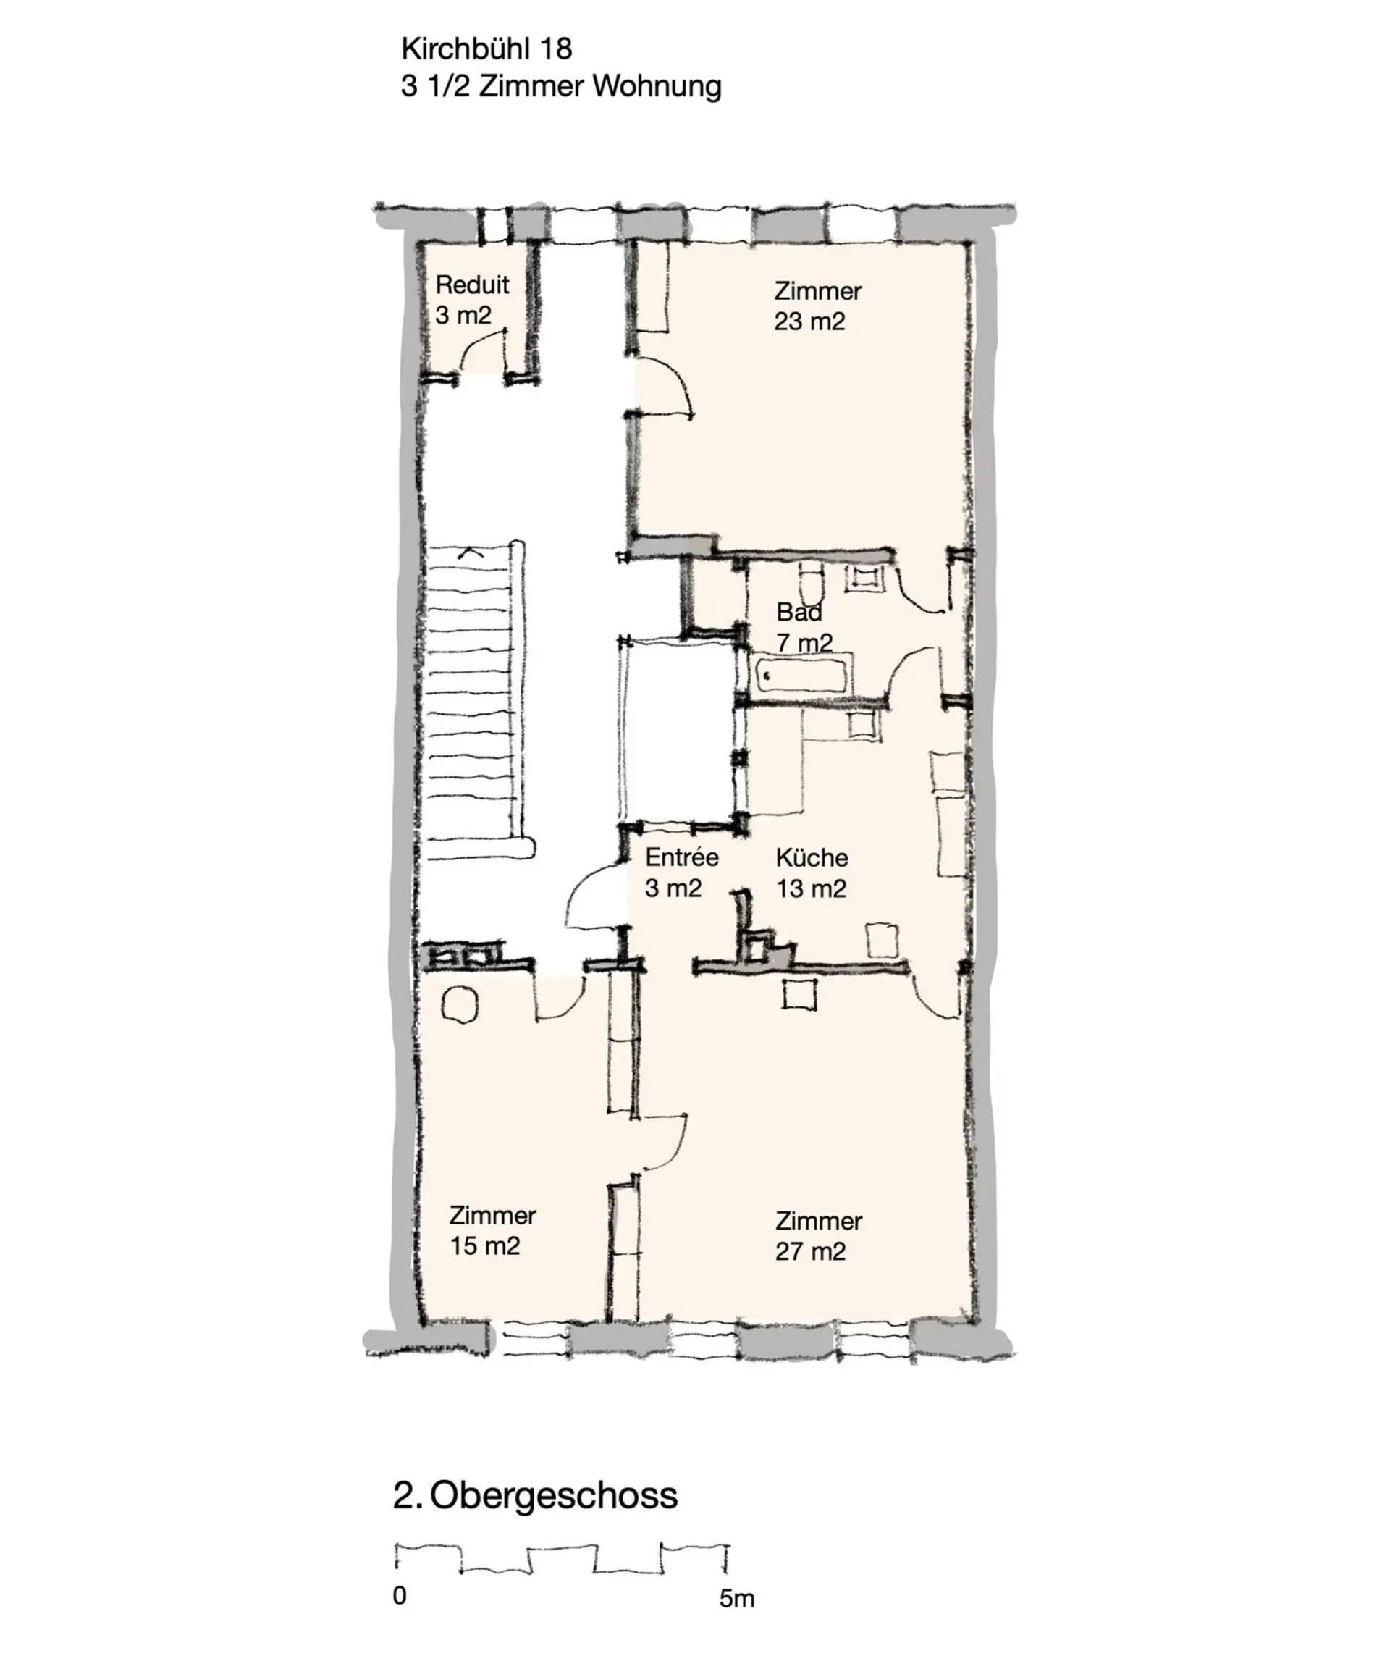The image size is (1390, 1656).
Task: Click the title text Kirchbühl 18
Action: pos(486,49)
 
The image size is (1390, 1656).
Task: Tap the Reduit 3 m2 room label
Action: pos(472,300)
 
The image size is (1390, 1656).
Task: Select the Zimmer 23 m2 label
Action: pos(817,306)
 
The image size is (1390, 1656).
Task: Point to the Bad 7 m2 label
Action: pos(804,627)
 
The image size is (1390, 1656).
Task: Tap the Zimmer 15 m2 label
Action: pos(493,1230)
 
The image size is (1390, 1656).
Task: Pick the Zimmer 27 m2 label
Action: pos(818,1236)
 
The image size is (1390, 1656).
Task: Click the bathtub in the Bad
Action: pos(803,675)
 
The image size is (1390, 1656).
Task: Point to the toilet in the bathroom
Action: pos(809,584)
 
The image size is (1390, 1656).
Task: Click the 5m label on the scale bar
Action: pos(736,1598)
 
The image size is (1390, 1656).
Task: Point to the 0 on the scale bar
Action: pos(400,1595)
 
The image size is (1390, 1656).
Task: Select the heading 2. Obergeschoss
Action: pos(535,1496)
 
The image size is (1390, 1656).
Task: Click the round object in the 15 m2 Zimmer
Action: pos(460,1006)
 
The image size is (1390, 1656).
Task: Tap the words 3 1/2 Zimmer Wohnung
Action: pos(561,86)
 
